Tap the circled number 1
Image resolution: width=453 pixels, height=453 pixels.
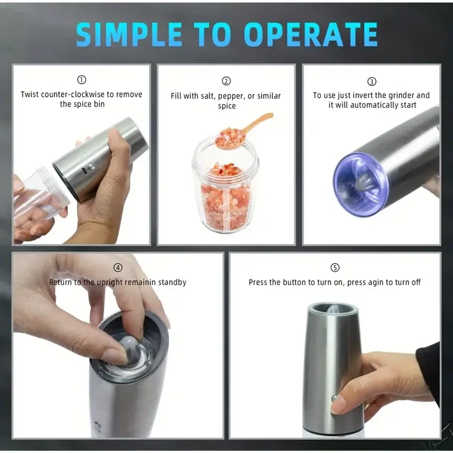82,80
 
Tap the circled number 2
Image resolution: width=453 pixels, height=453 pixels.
226,81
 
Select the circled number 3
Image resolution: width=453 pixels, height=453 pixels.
371,81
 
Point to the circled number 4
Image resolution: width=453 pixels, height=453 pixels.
118,267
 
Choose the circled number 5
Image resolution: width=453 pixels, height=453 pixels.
335,267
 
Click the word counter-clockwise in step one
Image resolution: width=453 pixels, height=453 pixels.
72,95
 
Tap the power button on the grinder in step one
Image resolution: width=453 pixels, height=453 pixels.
91,167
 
